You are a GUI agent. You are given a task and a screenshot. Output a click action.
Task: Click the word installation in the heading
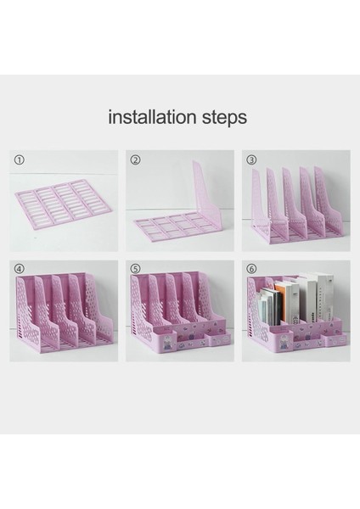point(152,117)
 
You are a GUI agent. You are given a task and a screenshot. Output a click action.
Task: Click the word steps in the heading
point(224,118)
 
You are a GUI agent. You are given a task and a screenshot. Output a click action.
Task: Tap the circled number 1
point(19,159)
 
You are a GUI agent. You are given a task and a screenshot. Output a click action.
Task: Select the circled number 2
point(135,159)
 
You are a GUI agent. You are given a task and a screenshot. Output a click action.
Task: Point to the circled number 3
point(251,159)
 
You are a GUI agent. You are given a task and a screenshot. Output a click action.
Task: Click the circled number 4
point(19,269)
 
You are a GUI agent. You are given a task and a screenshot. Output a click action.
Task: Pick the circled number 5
point(135,269)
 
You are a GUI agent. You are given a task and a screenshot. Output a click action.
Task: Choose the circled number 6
point(251,269)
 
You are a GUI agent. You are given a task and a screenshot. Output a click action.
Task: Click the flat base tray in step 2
point(173,226)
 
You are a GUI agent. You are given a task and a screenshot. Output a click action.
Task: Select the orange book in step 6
point(281,304)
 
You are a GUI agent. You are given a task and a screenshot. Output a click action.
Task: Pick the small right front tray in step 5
point(221,338)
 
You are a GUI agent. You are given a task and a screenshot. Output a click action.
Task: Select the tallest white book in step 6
point(324,299)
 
